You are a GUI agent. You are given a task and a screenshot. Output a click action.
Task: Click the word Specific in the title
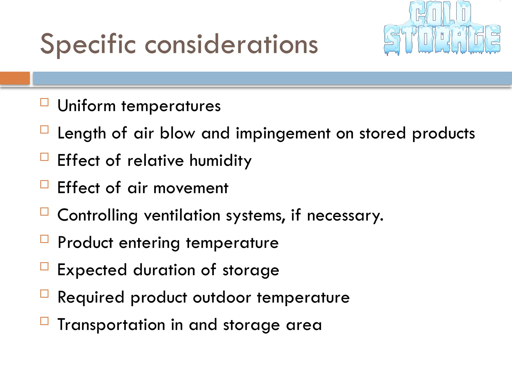88,44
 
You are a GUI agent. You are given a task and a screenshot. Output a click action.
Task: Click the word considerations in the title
231,44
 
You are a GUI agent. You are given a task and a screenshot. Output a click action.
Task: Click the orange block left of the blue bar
15,78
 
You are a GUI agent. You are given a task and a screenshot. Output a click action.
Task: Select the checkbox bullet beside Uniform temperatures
44,102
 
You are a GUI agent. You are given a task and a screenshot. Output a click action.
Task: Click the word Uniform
86,106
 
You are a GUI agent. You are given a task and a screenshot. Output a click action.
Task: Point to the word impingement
283,133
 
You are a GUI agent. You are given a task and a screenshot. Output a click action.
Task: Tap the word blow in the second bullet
177,133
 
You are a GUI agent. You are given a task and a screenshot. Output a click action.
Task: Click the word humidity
220,160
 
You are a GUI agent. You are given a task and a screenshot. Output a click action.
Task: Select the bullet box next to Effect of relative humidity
44,157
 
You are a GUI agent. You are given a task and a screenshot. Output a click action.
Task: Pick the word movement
191,188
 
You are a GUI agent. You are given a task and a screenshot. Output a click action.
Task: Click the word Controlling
97,215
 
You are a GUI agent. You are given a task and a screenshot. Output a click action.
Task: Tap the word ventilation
182,215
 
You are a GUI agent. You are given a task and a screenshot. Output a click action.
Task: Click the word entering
149,243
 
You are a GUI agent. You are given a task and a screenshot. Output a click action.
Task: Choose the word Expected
92,270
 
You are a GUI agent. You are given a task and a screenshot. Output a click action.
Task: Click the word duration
164,270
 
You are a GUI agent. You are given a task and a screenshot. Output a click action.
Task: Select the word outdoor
222,297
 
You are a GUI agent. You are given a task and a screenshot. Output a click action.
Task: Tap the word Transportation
111,325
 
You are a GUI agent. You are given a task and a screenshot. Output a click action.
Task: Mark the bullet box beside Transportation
44,321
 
